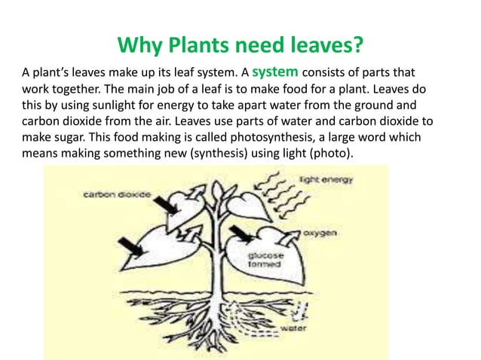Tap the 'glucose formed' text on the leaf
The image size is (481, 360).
266,261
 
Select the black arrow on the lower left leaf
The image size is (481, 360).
127,245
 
